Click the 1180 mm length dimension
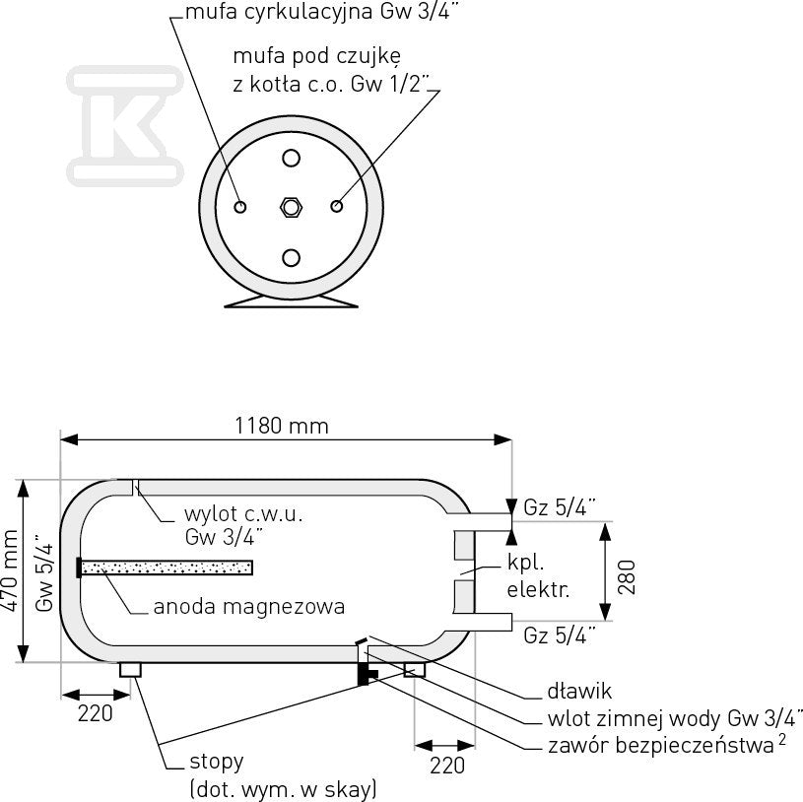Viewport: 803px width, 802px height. [281, 426]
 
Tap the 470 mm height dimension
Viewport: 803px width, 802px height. [10, 570]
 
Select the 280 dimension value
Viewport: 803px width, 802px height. [627, 577]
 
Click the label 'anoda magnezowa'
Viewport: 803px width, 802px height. [249, 606]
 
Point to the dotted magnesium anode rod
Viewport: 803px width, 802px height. [167, 568]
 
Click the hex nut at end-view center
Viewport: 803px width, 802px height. [292, 207]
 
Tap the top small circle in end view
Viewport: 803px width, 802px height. [291, 159]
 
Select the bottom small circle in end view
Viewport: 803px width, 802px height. [291, 257]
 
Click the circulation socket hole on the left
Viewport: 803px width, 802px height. [239, 207]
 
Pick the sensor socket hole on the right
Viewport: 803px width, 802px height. [336, 206]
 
